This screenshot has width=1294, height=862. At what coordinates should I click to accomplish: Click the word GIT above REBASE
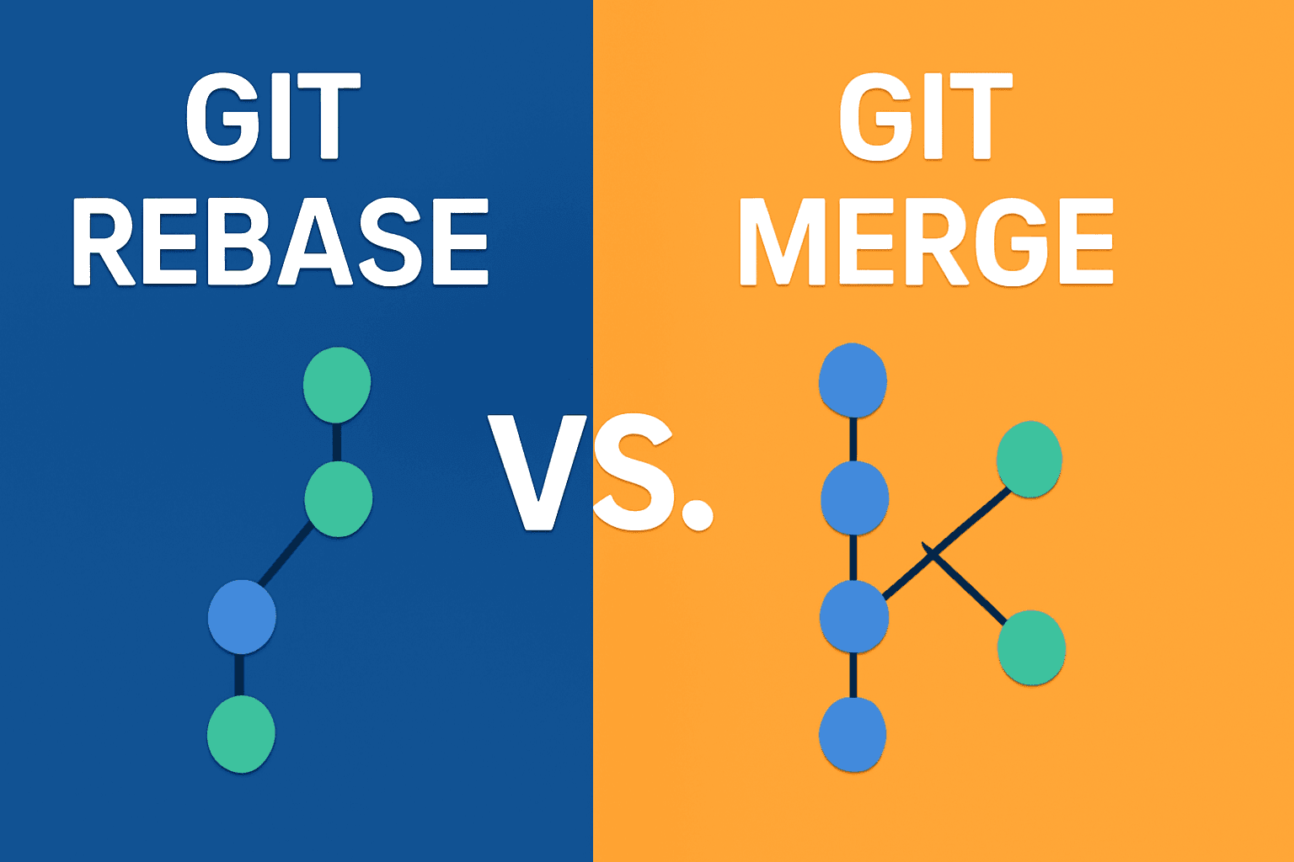point(273,116)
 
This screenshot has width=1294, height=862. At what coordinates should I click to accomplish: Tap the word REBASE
point(281,242)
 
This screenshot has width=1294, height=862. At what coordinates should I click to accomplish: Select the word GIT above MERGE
point(926,116)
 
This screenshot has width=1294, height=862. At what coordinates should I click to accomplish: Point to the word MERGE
point(926,242)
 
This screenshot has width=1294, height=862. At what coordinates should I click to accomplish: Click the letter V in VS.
point(537,472)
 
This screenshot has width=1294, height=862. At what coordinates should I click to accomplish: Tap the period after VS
point(698,513)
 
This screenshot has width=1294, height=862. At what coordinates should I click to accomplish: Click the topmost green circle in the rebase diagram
point(337,385)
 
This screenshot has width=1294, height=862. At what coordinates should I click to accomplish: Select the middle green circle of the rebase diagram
point(339,499)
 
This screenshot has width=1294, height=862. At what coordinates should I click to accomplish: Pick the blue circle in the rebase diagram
point(242,617)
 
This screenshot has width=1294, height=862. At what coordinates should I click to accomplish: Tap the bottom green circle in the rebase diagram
point(242,734)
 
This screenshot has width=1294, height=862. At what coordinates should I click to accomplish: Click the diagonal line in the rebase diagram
point(286,555)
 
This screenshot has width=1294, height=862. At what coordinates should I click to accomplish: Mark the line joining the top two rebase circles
point(337,442)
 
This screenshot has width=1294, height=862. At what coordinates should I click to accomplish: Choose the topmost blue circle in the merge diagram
point(853,380)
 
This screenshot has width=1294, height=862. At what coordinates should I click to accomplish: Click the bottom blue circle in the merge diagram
point(853,734)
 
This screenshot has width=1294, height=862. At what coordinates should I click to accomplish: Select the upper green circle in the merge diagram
point(1029,459)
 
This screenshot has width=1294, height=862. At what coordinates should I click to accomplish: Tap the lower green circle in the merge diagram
point(1032,647)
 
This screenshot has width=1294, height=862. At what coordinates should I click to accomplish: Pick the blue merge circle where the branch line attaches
point(853,617)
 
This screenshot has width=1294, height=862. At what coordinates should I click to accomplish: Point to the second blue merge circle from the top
point(854,498)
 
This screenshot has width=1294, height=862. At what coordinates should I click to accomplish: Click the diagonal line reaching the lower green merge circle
point(965,583)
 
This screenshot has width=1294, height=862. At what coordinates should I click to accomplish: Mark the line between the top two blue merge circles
point(853,439)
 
